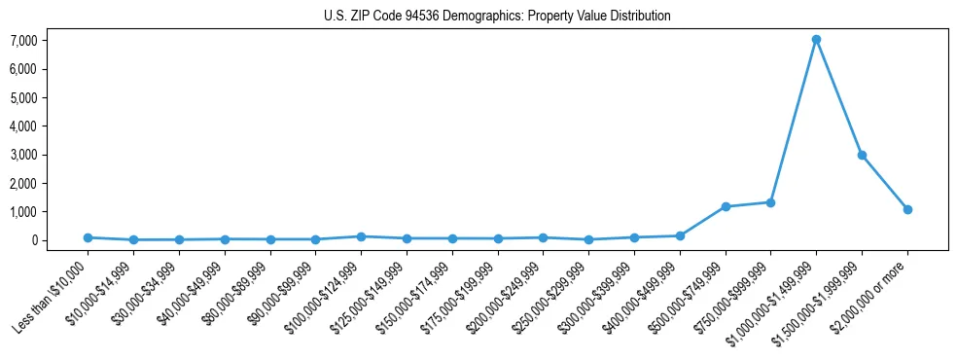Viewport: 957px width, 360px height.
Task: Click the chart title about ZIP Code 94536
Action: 497,16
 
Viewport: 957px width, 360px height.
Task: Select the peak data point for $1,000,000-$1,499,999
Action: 816,40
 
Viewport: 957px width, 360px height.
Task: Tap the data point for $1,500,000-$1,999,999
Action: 862,155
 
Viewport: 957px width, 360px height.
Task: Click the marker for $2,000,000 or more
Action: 907,209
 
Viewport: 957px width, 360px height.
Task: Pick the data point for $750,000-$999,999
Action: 770,202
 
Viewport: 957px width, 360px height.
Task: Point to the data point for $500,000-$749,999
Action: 726,206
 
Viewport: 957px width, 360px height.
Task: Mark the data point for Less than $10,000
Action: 88,237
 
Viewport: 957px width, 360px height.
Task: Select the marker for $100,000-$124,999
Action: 361,236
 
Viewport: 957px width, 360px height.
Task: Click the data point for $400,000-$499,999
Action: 680,235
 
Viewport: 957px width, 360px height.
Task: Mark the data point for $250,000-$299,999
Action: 588,239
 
